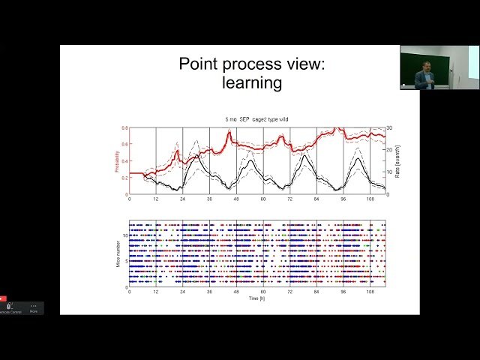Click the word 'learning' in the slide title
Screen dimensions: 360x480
pyautogui.click(x=251, y=82)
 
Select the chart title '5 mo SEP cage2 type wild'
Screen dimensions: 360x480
pyautogui.click(x=256, y=119)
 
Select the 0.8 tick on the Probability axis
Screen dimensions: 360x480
pyautogui.click(x=124, y=128)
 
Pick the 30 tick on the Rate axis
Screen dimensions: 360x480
pyautogui.click(x=391, y=128)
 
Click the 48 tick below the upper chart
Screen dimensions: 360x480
pyautogui.click(x=236, y=200)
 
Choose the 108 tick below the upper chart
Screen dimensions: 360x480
pyautogui.click(x=370, y=200)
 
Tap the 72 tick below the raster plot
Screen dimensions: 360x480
pyautogui.click(x=289, y=292)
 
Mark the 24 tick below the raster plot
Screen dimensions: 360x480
pyautogui.click(x=182, y=292)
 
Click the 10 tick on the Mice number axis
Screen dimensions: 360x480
pyautogui.click(x=125, y=235)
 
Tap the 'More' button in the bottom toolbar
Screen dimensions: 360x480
pyautogui.click(x=34, y=307)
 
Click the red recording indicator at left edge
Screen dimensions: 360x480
pyautogui.click(x=3, y=298)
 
